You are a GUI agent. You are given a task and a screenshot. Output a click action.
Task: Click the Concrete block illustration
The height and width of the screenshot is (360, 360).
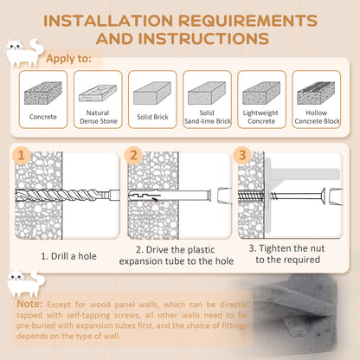[43, 93]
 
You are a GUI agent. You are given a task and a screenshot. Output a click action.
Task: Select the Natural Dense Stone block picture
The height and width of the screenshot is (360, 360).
[98, 93]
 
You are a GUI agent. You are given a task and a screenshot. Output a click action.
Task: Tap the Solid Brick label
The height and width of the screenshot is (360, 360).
[152, 117]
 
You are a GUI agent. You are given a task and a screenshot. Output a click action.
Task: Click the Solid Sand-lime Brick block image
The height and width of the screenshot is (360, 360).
[207, 93]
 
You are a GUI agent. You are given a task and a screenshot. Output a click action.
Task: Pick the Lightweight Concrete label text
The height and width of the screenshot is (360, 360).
[260, 117]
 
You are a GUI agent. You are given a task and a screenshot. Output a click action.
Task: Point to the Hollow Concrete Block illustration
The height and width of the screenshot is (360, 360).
[316, 93]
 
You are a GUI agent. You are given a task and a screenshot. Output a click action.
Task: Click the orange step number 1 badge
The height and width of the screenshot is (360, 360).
[21, 156]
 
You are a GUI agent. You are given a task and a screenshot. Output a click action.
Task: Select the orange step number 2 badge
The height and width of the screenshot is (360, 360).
[133, 156]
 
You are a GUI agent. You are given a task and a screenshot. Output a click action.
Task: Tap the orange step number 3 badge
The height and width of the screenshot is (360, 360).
[242, 156]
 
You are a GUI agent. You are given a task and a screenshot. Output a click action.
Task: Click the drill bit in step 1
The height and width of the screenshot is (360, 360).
[67, 196]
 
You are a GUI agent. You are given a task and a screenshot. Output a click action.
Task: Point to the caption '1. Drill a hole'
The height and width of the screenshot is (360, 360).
[68, 256]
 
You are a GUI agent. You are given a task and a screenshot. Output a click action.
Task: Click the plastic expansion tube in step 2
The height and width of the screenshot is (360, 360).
[170, 196]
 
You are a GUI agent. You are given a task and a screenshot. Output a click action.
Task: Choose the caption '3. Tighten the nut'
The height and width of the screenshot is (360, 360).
[286, 248]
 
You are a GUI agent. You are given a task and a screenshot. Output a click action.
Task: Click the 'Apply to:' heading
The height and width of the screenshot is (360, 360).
[68, 59]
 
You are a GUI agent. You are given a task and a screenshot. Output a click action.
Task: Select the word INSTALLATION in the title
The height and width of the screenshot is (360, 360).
[108, 21]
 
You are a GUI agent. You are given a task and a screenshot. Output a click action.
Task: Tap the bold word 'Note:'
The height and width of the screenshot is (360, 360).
[29, 304]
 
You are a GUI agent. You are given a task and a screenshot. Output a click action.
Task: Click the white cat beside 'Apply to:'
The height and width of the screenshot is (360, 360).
[24, 53]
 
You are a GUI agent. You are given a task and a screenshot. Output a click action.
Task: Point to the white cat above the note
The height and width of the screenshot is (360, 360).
[25, 284]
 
